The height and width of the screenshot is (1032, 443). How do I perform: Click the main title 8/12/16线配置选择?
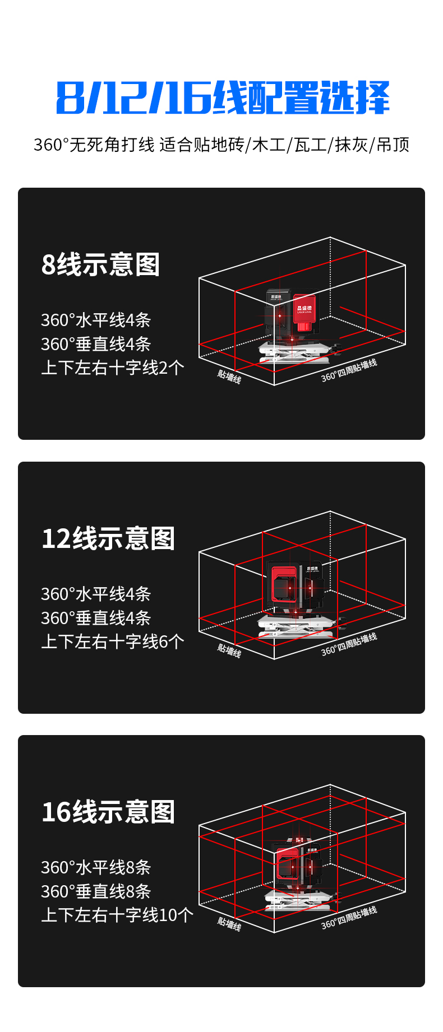(x=223, y=98)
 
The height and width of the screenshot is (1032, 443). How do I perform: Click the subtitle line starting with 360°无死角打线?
(x=221, y=145)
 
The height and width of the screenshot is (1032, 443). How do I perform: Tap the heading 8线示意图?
(x=101, y=264)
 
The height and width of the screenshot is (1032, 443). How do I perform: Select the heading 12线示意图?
(x=108, y=538)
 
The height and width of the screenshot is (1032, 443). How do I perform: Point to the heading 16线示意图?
(x=108, y=812)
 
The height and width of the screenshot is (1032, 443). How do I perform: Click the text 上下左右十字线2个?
(x=113, y=368)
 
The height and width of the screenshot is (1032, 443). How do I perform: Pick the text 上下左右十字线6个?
(x=113, y=641)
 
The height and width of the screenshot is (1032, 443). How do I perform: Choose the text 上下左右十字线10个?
(x=117, y=915)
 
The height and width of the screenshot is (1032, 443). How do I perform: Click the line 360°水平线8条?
(x=96, y=867)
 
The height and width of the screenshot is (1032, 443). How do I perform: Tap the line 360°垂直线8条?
(x=96, y=891)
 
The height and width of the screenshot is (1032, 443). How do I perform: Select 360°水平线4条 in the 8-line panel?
(x=96, y=320)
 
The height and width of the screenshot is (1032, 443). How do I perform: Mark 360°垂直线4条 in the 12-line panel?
(x=96, y=618)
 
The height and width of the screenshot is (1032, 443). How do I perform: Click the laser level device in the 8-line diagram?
(x=294, y=322)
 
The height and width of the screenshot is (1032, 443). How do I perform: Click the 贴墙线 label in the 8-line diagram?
(x=229, y=376)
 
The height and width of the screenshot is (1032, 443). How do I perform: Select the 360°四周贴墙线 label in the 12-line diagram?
(x=349, y=644)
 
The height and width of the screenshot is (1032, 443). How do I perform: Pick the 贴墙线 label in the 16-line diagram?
(x=229, y=923)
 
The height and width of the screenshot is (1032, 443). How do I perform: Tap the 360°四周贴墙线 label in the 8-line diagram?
(x=349, y=370)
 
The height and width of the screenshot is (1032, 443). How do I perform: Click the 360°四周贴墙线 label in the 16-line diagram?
(x=349, y=918)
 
